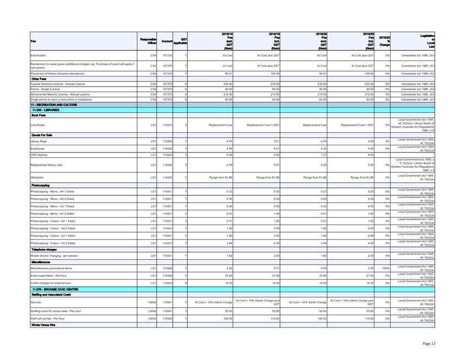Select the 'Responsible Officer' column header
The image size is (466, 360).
pyautogui.click(x=147, y=40)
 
